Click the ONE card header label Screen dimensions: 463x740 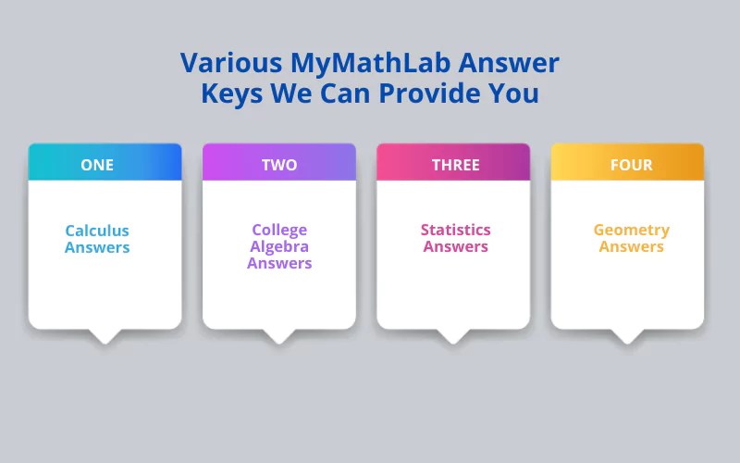coord(97,165)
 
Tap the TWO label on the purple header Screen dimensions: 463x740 coord(279,165)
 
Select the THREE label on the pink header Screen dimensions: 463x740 coord(455,165)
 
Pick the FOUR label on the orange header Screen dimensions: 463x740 coord(631,165)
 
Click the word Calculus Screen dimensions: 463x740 coord(97,231)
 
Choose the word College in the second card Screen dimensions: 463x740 coord(279,230)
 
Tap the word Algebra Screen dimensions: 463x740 coord(279,246)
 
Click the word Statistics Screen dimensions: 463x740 coord(455,230)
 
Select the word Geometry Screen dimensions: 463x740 coord(631,230)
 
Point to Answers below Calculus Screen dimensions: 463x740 coord(97,247)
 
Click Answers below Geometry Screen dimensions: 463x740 coord(631,246)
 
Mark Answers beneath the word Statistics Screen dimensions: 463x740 coord(455,246)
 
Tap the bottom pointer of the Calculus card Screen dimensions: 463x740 coord(105,335)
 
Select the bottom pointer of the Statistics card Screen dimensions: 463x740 coord(453,335)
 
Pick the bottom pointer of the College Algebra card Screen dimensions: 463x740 coord(279,335)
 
